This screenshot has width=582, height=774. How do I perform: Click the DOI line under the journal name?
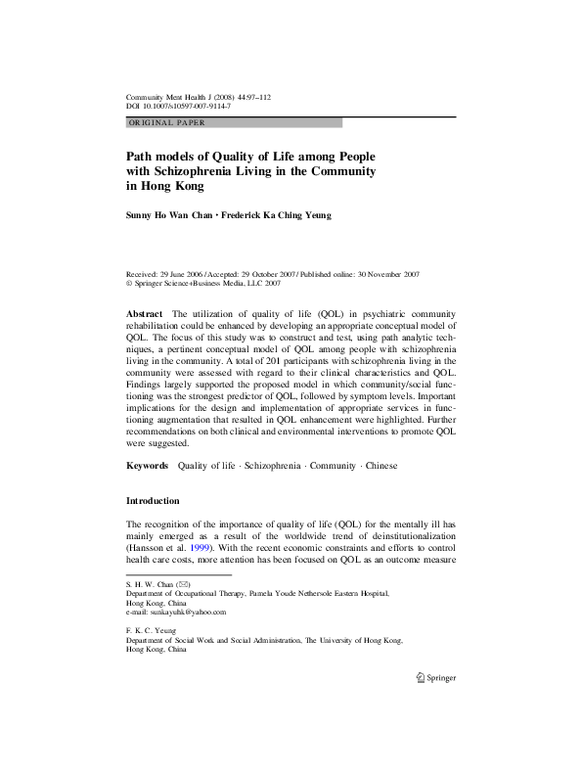point(168,107)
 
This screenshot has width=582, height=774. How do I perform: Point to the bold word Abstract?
point(146,312)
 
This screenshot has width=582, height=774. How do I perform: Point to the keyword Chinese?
point(382,466)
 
